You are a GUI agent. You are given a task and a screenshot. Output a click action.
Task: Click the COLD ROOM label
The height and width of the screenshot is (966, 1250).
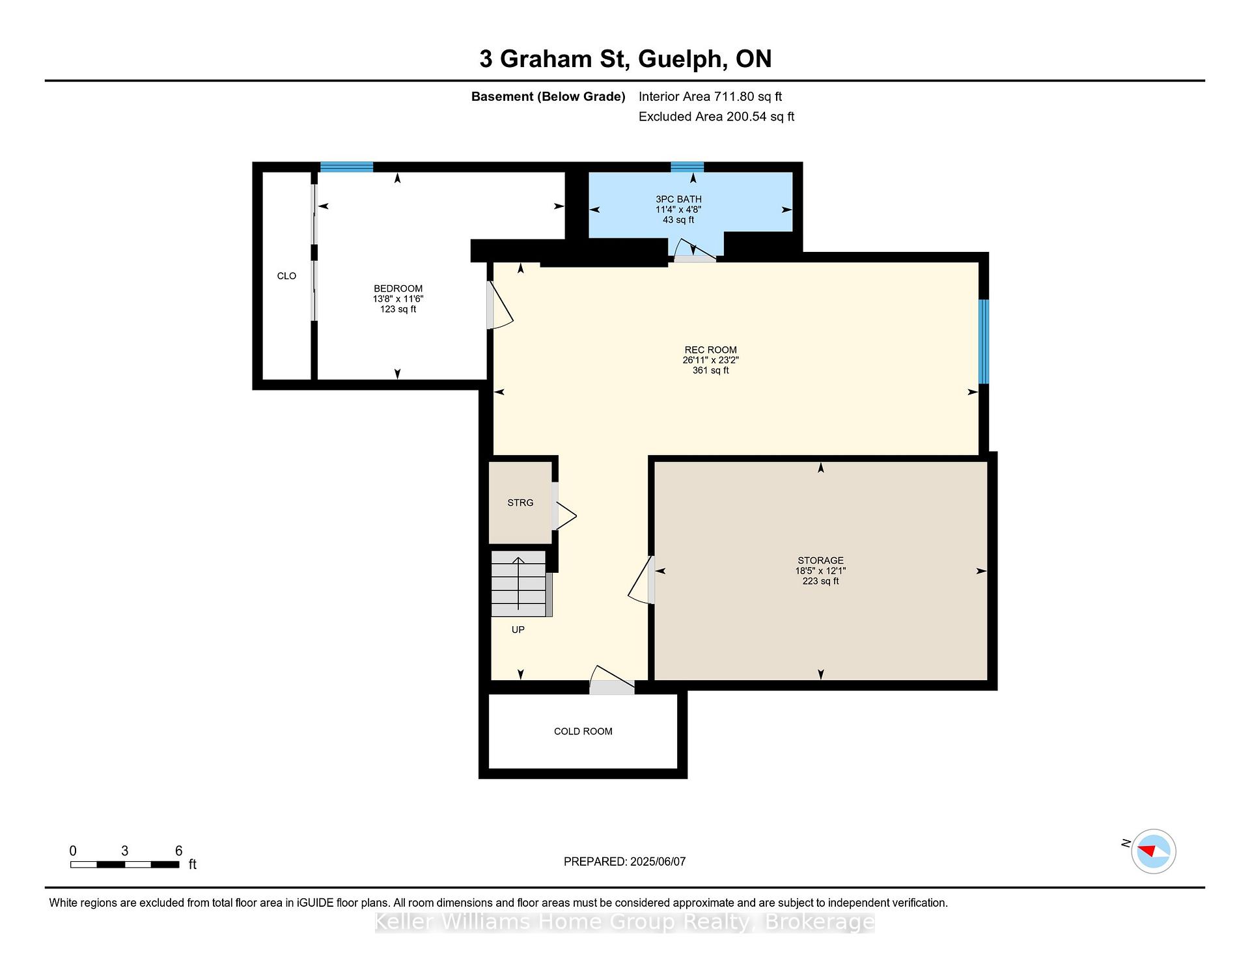583,731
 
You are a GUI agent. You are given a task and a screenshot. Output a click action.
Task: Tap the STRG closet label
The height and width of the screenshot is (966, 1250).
520,503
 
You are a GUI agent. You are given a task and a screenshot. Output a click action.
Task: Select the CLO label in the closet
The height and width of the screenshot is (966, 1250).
286,276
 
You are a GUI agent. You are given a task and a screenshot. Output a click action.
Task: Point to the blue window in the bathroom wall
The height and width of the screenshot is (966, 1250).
687,167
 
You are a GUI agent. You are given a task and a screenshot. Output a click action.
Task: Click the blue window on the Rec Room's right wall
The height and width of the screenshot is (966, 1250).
984,342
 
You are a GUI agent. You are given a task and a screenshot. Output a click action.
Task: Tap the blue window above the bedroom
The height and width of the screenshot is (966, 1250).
346,167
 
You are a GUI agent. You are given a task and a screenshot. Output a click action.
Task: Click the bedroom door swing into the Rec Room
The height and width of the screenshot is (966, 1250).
500,305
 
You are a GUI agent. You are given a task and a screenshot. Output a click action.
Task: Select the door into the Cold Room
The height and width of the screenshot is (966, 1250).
612,680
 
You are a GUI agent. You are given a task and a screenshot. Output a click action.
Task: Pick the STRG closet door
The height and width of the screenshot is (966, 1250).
564,505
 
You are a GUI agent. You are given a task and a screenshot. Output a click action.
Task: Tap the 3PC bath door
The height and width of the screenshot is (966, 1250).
695,251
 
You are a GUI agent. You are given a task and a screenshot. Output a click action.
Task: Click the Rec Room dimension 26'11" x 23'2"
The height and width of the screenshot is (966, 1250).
710,360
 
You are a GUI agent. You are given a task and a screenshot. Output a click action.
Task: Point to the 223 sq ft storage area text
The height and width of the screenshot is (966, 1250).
820,581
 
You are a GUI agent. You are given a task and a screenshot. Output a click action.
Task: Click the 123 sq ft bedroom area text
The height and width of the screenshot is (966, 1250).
398,309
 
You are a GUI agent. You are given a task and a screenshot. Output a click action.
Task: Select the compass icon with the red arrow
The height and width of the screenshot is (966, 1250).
1154,851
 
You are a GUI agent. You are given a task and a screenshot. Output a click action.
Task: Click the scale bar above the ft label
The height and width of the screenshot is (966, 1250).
124,864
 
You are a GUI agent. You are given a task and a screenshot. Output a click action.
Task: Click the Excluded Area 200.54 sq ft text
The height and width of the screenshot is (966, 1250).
716,117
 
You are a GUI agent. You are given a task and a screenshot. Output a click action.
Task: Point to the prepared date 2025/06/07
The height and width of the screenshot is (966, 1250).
658,862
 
